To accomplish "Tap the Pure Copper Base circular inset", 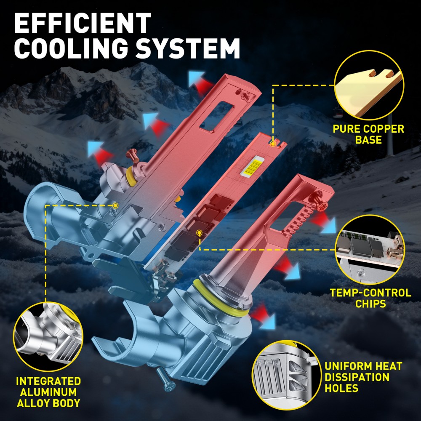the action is [369, 85].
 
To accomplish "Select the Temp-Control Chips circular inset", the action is [370, 250].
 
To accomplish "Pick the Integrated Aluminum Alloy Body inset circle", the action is [48, 336].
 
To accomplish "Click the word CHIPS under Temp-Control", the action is [370, 304].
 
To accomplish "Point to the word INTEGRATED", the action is [48, 381].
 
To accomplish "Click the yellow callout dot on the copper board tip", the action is [273, 144].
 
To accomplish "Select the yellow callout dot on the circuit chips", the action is [199, 232].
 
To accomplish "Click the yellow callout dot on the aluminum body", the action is [115, 206].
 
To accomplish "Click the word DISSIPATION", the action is [357, 377].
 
